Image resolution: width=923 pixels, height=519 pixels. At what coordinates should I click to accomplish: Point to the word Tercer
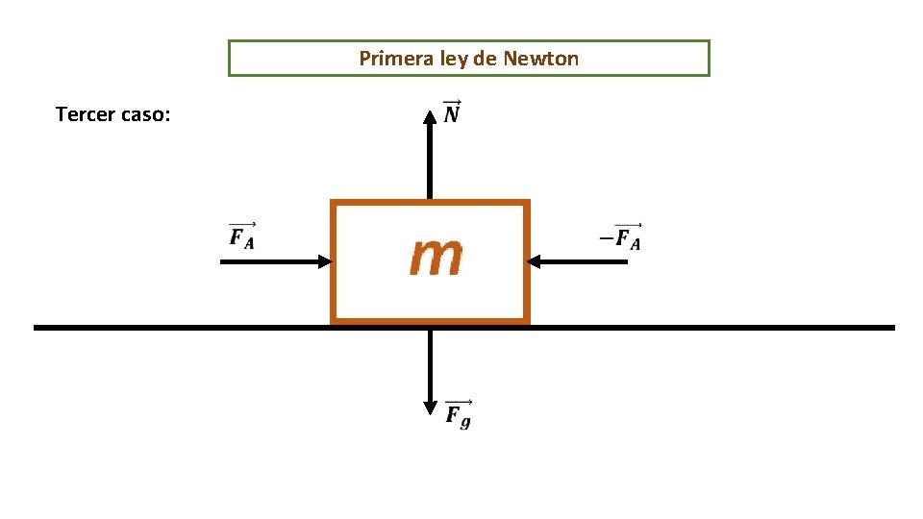[x=84, y=115]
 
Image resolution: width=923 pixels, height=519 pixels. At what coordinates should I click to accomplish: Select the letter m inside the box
[x=436, y=257]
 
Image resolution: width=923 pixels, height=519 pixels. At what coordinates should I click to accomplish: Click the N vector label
[x=452, y=113]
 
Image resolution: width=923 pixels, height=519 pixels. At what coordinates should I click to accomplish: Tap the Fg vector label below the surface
[x=458, y=414]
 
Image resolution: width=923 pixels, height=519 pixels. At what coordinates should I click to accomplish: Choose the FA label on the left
[x=241, y=236]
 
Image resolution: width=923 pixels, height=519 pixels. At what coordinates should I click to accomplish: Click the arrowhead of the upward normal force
[x=430, y=117]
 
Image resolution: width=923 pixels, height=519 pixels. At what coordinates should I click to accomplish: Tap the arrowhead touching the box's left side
[x=324, y=261]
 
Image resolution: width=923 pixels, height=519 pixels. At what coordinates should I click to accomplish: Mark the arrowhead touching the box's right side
[x=536, y=261]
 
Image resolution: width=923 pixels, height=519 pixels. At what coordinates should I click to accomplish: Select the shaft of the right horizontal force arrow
[x=586, y=261]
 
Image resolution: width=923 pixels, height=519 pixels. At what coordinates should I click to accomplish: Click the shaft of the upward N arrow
[x=430, y=163]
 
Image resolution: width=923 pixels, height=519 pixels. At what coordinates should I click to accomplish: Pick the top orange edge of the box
[x=430, y=203]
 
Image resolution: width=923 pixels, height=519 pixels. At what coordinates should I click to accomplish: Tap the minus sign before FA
[x=606, y=237]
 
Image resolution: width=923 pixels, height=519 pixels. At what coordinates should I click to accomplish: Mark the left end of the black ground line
[x=37, y=328]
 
